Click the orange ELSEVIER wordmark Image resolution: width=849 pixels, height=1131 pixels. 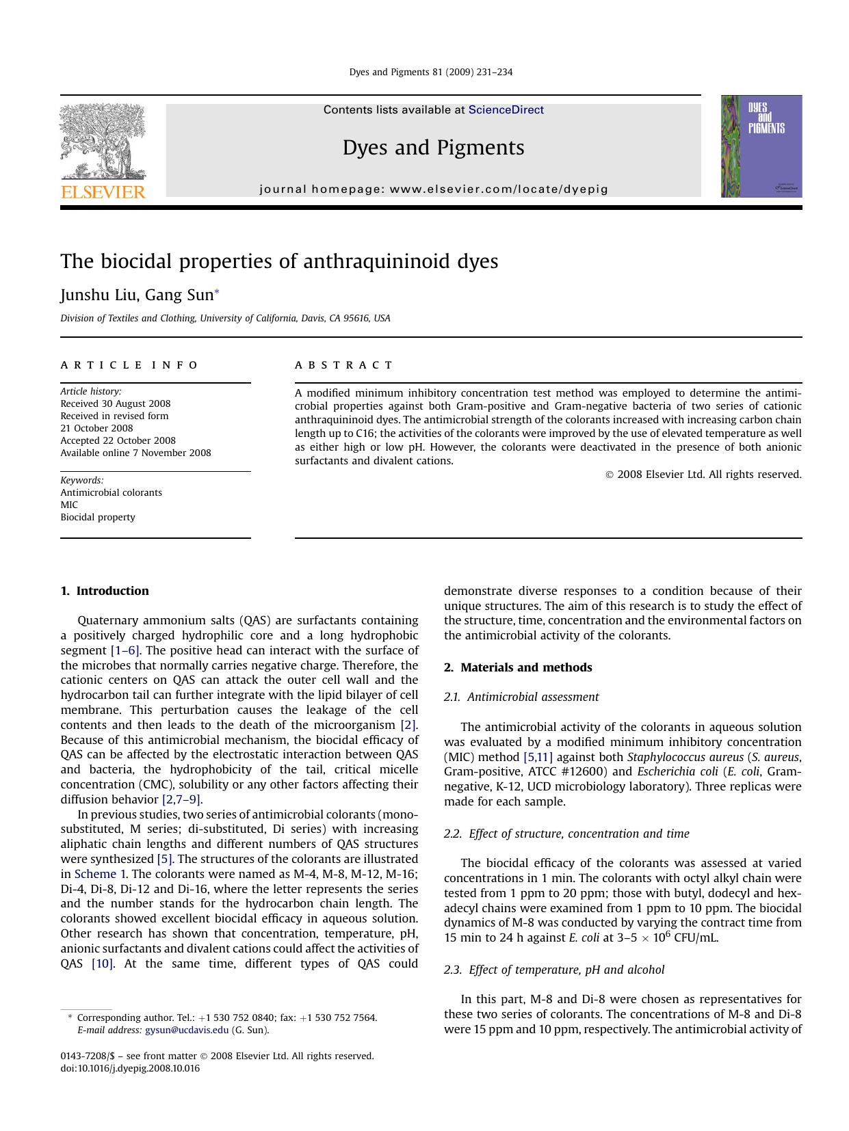point(103,192)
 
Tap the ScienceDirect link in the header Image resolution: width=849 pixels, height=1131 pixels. point(506,110)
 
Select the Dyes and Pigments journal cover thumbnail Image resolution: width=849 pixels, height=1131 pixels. point(761,146)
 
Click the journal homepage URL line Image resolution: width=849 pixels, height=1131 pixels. point(433,189)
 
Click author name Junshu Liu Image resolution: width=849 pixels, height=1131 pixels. point(99,295)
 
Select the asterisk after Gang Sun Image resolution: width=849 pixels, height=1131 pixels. point(217,293)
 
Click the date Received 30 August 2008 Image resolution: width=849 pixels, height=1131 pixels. point(115,403)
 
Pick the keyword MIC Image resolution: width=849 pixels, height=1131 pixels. point(69,505)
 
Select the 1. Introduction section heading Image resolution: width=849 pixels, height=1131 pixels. point(105,591)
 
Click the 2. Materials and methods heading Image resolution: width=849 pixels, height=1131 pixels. point(518,667)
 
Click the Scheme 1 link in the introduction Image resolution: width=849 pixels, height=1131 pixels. point(100,874)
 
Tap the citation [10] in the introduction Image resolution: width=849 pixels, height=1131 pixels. point(103,963)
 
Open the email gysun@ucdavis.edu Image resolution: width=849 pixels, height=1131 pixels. point(186,1030)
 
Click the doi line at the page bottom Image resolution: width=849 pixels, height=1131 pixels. point(130,1068)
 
